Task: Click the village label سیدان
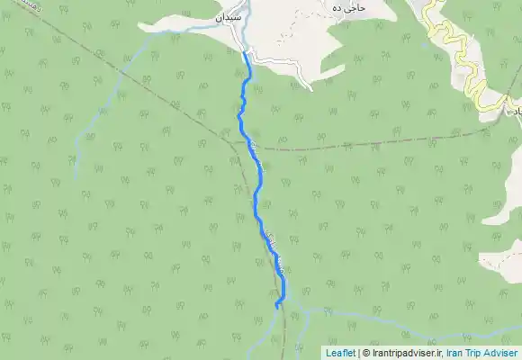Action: [x=229, y=17]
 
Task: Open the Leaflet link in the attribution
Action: [x=339, y=354]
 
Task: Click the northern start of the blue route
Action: [x=245, y=52]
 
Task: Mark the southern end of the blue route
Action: [x=276, y=307]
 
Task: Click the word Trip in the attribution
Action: [x=481, y=354]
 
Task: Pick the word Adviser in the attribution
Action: [x=505, y=354]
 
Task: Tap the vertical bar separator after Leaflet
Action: [x=358, y=354]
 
